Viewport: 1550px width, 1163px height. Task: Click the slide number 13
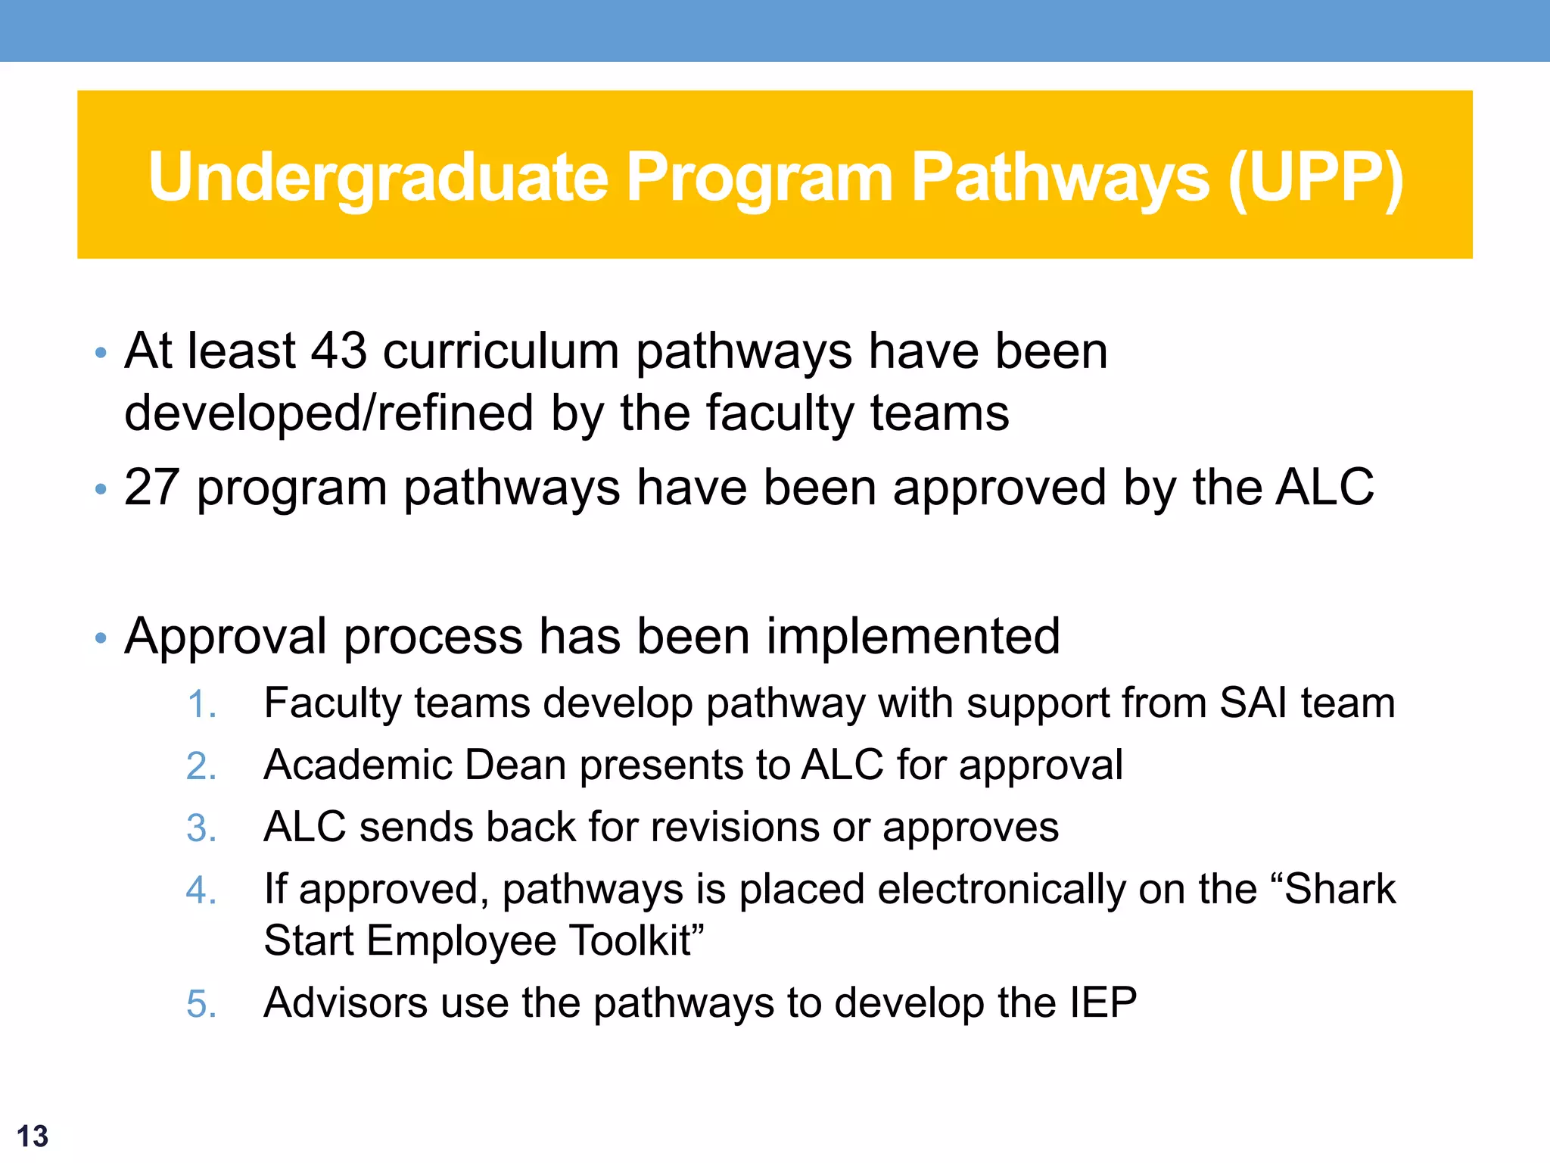tap(32, 1136)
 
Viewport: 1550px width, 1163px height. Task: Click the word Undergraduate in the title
tap(378, 179)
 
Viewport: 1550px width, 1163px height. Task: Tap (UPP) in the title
tap(1315, 179)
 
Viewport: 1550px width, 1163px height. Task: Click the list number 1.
tap(201, 704)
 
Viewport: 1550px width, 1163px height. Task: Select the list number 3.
tap(201, 828)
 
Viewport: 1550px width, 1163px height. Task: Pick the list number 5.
tap(201, 1004)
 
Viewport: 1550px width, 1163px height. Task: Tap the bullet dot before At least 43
tap(101, 353)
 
